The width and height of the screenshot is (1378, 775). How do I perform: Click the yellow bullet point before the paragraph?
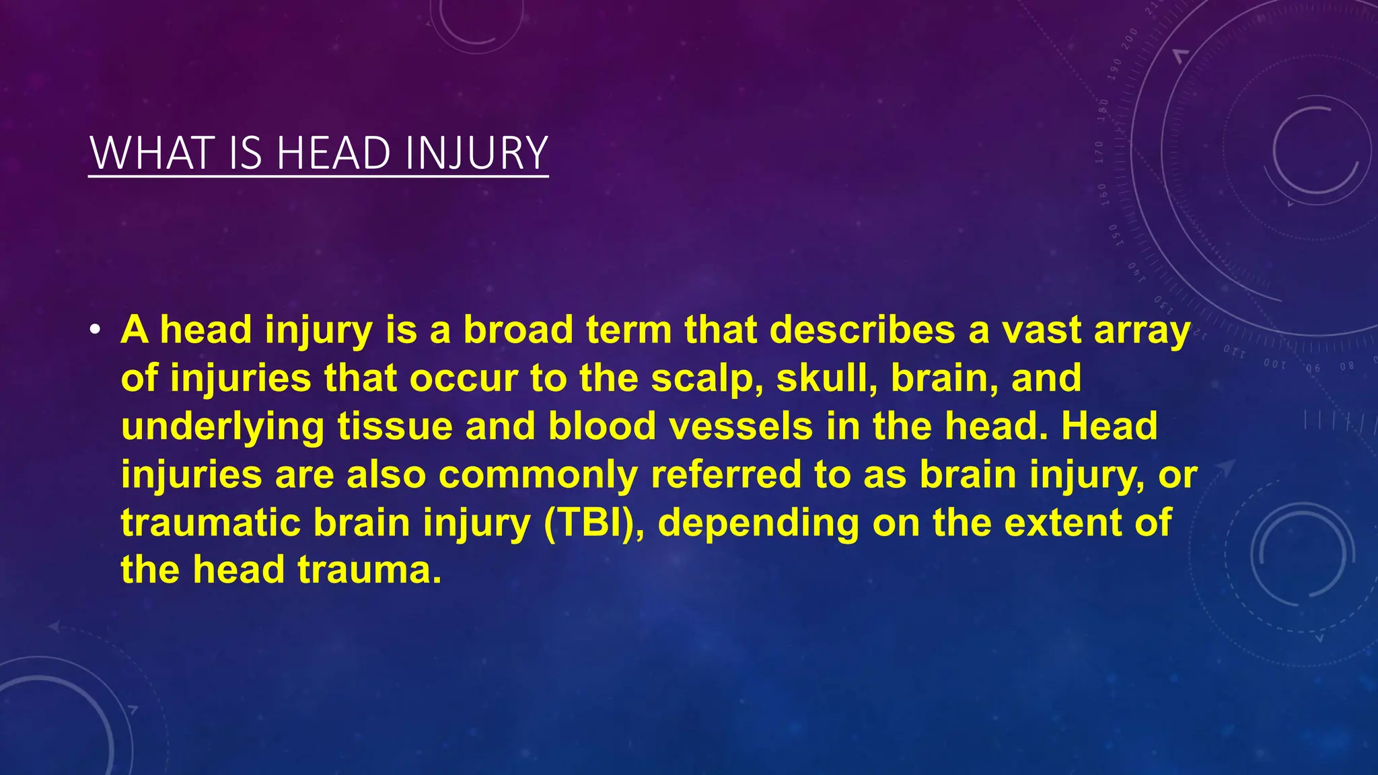coord(96,330)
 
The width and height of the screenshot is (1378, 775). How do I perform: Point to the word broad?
coord(517,330)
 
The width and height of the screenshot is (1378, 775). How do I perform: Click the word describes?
coord(862,330)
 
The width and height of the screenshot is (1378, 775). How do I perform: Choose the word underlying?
coord(223,427)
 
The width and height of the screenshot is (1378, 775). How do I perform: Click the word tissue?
coord(395,427)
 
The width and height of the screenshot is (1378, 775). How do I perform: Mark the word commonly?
coord(538,475)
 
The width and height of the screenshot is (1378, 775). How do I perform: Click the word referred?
coord(726,475)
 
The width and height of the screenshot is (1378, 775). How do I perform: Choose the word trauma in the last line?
coord(369,570)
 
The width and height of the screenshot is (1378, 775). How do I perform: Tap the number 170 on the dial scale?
coord(1099,153)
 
